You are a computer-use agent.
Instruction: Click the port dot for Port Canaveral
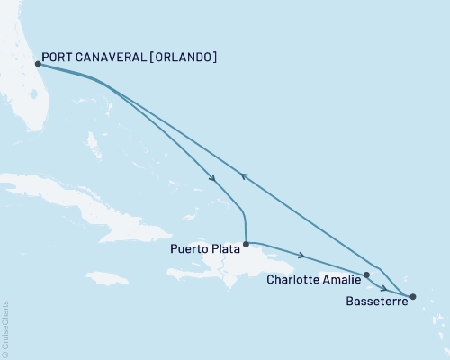37,64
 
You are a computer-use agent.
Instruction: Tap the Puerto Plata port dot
246,243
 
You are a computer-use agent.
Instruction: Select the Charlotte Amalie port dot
366,275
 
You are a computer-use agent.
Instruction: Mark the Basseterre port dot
413,296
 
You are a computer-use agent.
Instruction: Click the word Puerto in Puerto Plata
187,252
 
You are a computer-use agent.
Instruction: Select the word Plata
224,252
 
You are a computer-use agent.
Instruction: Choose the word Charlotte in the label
296,280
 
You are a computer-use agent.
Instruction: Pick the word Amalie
343,280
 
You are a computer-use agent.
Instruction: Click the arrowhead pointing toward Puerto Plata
211,177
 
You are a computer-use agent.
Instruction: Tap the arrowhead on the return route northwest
241,177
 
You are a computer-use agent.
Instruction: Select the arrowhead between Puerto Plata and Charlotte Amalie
301,255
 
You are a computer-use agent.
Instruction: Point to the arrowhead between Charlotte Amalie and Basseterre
384,289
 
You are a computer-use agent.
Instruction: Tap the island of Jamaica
109,279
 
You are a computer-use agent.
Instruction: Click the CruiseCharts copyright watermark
4,328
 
